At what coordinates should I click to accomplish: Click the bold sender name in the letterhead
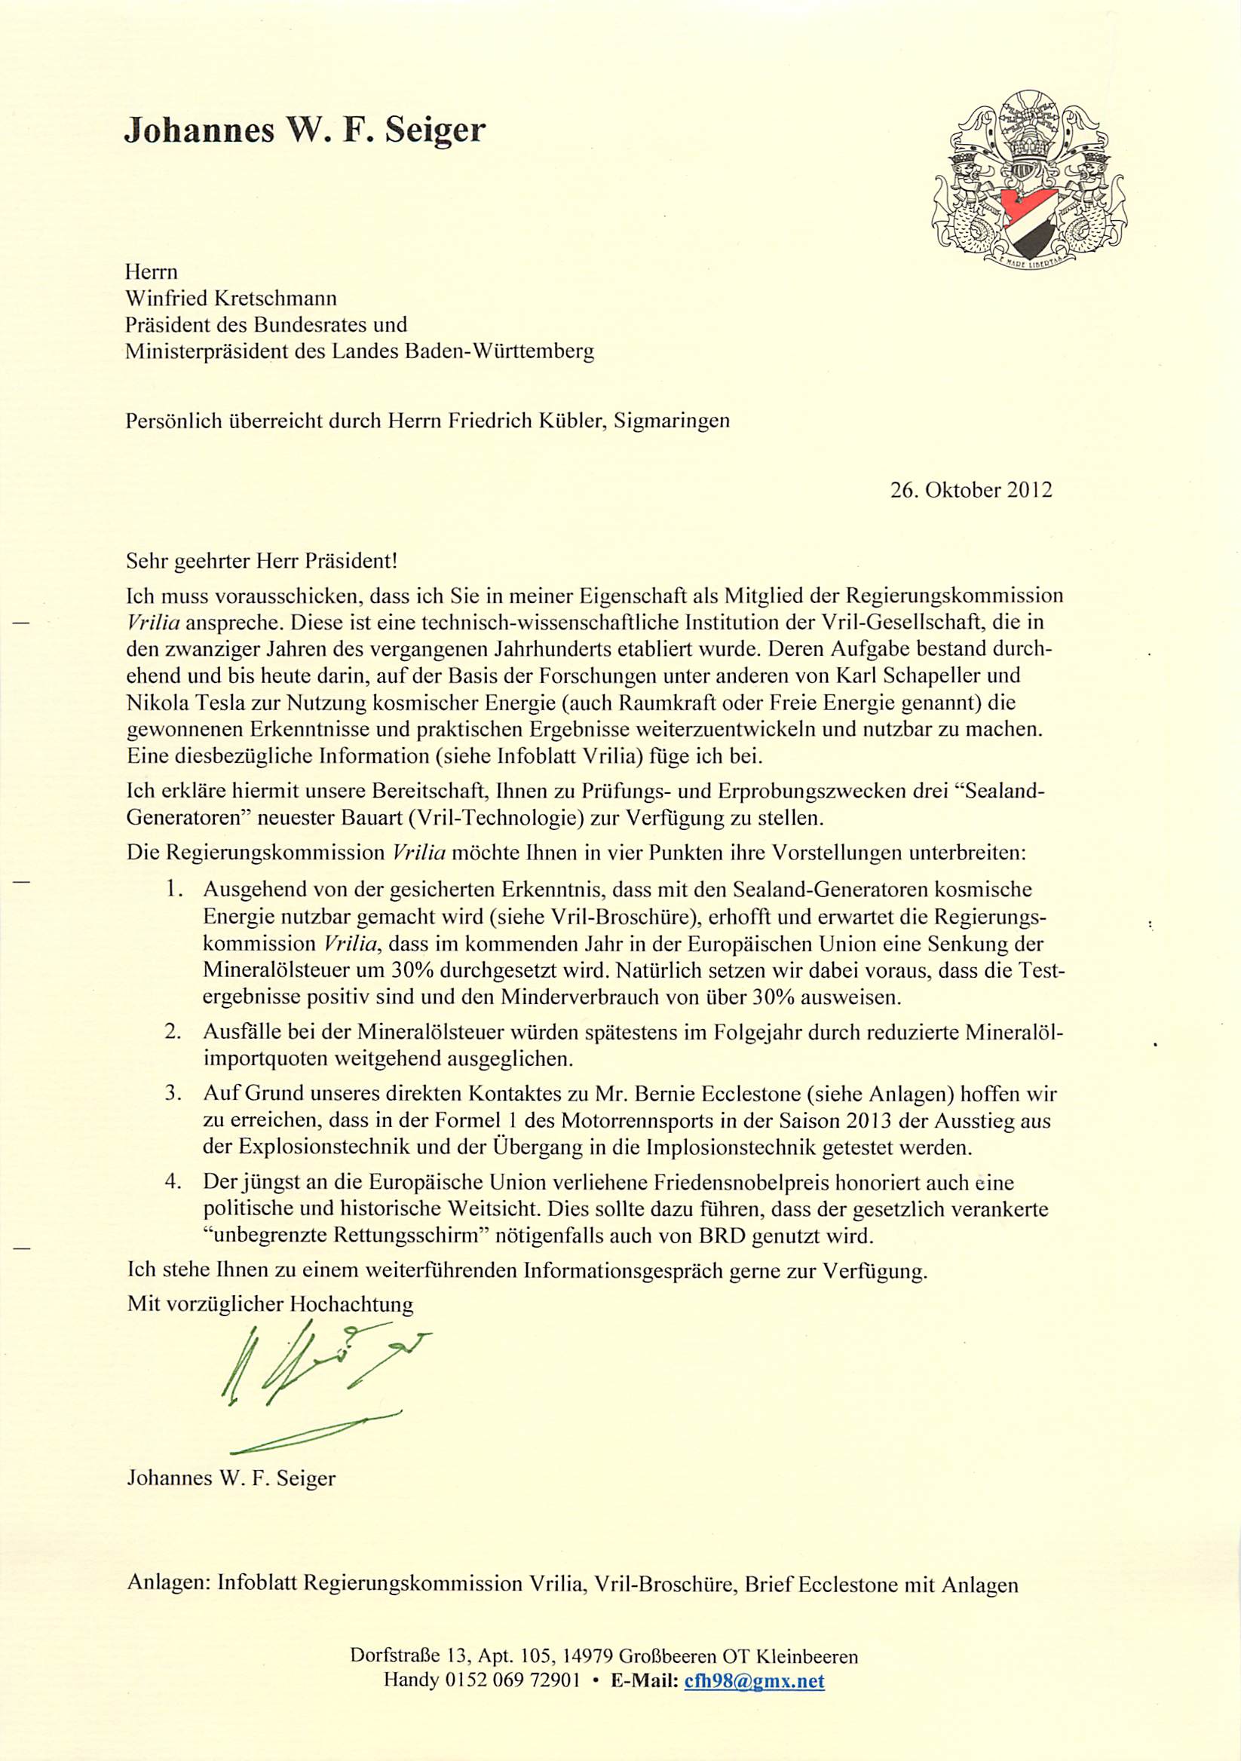pos(305,130)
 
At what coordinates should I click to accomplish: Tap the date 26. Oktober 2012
pos(971,490)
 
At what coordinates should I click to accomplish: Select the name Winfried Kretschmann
pos(231,297)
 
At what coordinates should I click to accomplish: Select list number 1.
pos(174,890)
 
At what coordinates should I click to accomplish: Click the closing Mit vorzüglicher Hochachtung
pos(270,1303)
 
